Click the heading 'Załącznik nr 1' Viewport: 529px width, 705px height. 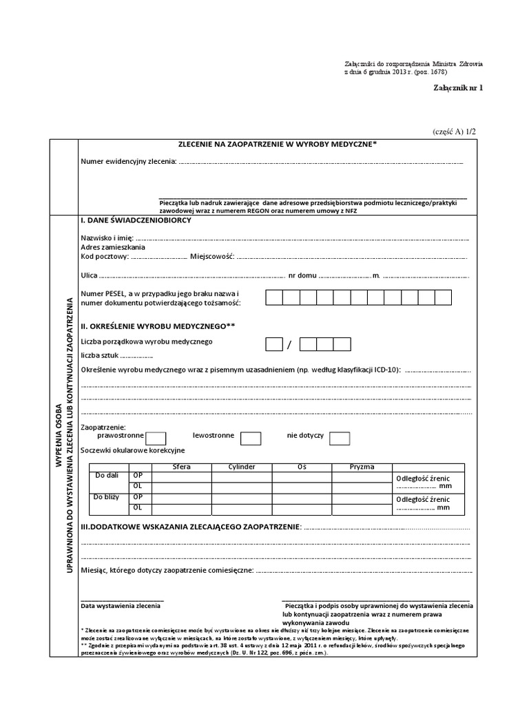pyautogui.click(x=458, y=89)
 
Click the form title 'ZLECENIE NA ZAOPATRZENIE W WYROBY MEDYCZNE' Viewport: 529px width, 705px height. pyautogui.click(x=278, y=144)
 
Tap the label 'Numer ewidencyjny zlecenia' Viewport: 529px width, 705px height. pyautogui.click(x=128, y=162)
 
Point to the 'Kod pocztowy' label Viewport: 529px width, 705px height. pyautogui.click(x=104, y=256)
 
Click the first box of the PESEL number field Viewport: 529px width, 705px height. pyautogui.click(x=274, y=297)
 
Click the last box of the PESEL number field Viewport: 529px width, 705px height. pyautogui.click(x=443, y=297)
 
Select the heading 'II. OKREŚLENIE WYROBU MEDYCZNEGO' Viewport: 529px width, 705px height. pyautogui.click(x=158, y=325)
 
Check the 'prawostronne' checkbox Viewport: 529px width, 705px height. pyautogui.click(x=156, y=438)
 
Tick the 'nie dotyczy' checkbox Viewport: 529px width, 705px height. pyautogui.click(x=340, y=438)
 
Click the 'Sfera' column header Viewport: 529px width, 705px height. pyautogui.click(x=181, y=466)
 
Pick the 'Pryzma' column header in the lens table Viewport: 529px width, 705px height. pyautogui.click(x=362, y=466)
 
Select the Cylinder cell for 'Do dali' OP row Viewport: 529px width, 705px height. pyautogui.click(x=241, y=476)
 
